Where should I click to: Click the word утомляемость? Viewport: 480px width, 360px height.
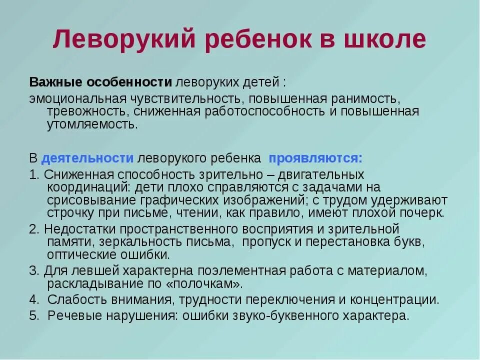(92, 124)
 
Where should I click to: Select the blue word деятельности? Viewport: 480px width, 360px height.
(87, 158)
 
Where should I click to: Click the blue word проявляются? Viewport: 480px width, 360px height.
(315, 158)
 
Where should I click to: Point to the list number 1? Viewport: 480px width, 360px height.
(33, 174)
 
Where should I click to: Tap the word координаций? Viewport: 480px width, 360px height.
(86, 187)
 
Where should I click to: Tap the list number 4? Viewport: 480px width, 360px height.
(33, 300)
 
